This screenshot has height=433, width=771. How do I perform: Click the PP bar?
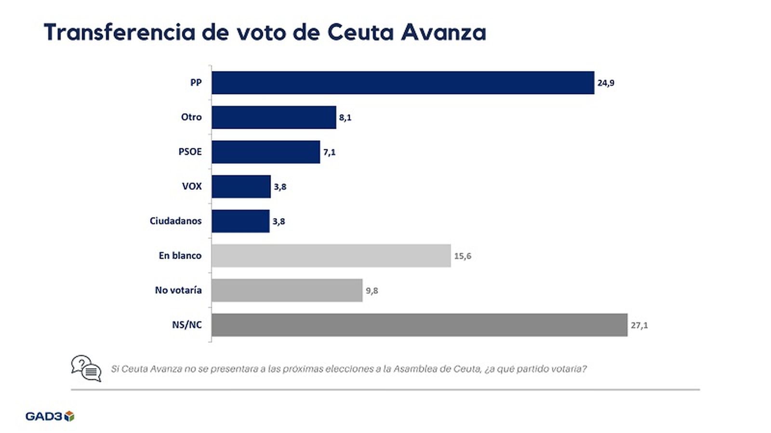(x=403, y=83)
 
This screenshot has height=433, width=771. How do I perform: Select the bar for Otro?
(x=274, y=117)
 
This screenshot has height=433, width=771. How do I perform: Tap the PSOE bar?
(x=266, y=152)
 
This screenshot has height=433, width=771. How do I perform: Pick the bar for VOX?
(x=241, y=187)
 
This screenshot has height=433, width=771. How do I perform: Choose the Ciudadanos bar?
(x=240, y=221)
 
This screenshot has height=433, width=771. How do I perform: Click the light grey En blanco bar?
(x=331, y=256)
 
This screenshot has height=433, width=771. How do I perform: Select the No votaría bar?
(x=287, y=291)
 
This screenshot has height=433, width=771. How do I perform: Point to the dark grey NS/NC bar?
(x=419, y=325)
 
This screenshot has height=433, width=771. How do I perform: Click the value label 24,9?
(x=606, y=83)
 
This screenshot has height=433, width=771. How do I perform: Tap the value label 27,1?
(x=639, y=326)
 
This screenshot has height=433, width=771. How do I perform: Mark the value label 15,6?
(x=462, y=256)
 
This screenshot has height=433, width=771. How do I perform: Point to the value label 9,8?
(x=372, y=291)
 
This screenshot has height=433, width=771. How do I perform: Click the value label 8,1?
(x=345, y=118)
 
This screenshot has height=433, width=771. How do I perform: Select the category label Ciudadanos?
(x=175, y=221)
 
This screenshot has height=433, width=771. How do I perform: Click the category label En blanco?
(x=180, y=256)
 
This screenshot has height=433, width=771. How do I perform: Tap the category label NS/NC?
(x=186, y=325)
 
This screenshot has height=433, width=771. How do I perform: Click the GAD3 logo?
(x=50, y=416)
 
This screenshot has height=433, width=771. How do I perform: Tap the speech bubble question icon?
(x=86, y=369)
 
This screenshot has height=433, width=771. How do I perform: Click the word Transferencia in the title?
(x=120, y=33)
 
